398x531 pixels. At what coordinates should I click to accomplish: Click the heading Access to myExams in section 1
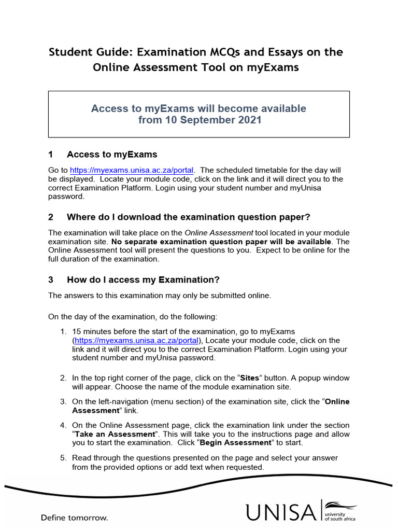pos(112,155)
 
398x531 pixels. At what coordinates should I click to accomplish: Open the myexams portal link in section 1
pos(132,170)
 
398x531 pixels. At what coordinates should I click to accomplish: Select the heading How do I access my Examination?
pos(143,280)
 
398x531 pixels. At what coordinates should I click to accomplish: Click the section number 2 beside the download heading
pos(51,217)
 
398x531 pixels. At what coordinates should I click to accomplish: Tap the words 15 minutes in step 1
pos(91,331)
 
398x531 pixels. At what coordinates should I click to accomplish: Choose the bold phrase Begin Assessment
pos(235,443)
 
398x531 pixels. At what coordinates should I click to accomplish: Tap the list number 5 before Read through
pos(63,458)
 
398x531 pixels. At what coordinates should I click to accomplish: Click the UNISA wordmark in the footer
pos(280,512)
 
